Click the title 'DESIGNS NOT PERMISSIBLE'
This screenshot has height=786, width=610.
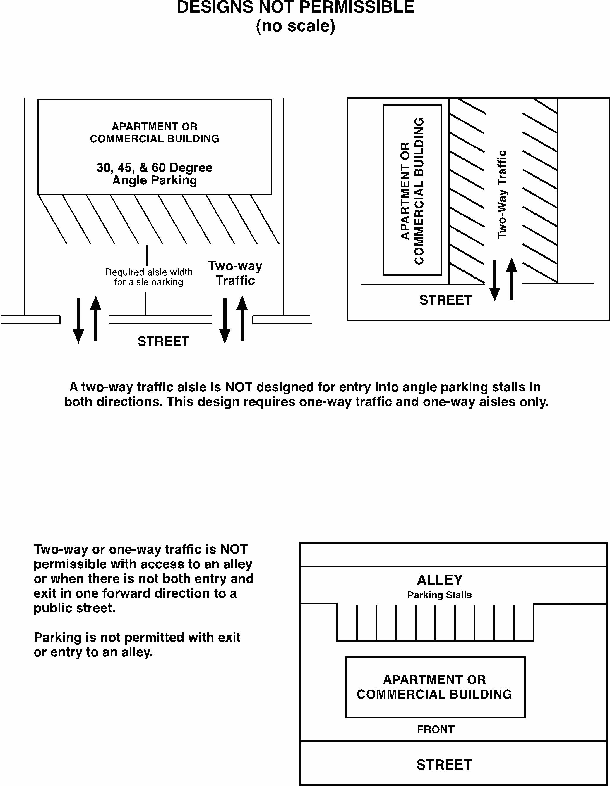(x=295, y=7)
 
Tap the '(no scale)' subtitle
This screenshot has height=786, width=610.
(x=295, y=26)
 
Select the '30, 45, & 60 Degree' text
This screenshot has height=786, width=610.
(x=154, y=167)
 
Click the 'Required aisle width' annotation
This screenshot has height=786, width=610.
(x=148, y=272)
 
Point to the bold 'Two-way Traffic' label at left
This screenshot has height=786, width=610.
(x=235, y=273)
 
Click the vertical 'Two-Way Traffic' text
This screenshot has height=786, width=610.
(x=502, y=194)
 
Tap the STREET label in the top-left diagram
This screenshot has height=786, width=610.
(x=163, y=341)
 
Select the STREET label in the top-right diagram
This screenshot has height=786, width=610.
(x=445, y=300)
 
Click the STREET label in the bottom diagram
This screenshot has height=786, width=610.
(x=444, y=765)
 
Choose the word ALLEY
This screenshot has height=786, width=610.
(x=440, y=580)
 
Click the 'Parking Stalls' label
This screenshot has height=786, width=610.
(x=439, y=595)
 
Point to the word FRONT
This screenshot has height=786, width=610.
(x=435, y=730)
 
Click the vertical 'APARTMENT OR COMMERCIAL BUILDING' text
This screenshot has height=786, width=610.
(x=412, y=191)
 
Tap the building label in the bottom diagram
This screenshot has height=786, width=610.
(x=434, y=687)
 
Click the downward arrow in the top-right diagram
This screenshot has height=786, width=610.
(x=495, y=281)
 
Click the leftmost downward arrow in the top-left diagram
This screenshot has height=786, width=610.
(x=78, y=320)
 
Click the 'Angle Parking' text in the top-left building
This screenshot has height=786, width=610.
(x=154, y=180)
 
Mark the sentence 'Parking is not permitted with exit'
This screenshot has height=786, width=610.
(x=137, y=638)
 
